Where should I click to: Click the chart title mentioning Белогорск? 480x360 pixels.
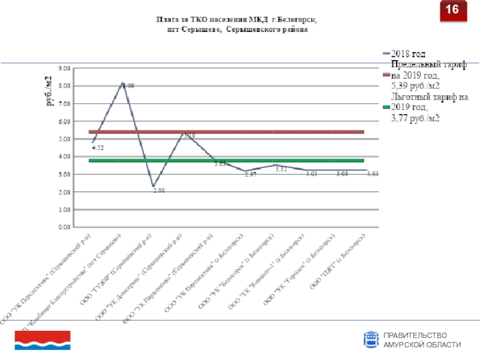(236, 25)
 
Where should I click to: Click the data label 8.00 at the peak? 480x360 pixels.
(128, 86)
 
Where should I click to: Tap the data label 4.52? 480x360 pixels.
(98, 148)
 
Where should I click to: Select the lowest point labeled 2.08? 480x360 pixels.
(159, 190)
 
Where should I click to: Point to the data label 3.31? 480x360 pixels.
(281, 170)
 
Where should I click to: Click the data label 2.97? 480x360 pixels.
(250, 174)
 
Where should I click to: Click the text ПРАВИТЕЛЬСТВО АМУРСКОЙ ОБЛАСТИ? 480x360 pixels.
(422, 340)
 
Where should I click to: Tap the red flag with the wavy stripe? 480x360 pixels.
(43, 340)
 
